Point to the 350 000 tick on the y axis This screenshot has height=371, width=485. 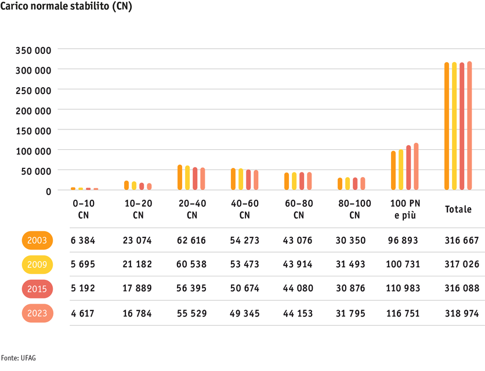coord(34,50)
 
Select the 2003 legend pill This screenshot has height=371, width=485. coord(38,240)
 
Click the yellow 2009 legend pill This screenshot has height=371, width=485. coord(38,265)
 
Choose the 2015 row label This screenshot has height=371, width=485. coord(38,289)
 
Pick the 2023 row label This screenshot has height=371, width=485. coord(38,314)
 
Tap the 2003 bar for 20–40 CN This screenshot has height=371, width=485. coord(180,178)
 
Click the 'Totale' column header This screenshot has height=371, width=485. coord(458,210)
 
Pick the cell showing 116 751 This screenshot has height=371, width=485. coord(404,314)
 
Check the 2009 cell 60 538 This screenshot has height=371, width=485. coord(192,265)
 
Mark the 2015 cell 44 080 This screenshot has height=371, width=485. coord(298,289)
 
